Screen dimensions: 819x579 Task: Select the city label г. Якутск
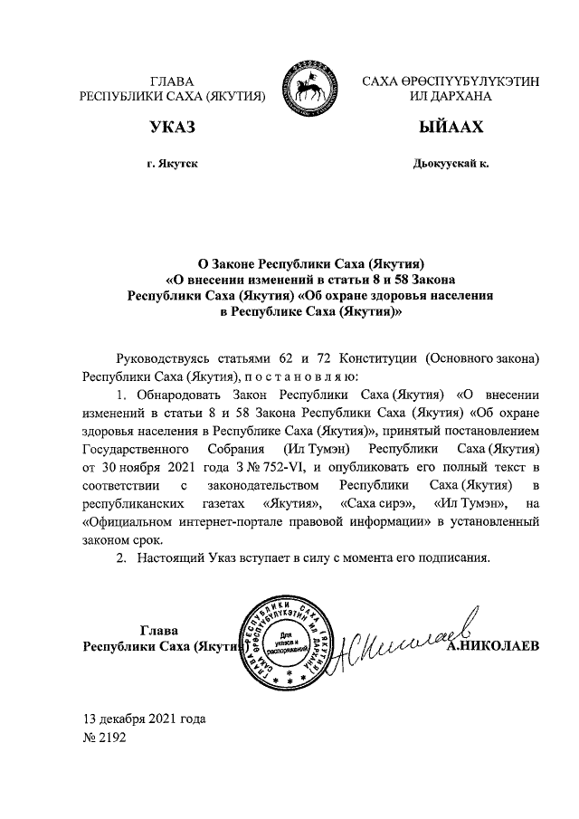pyautogui.click(x=172, y=164)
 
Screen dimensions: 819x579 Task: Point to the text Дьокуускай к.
pyautogui.click(x=450, y=164)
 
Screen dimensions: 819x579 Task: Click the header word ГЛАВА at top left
pyautogui.click(x=172, y=81)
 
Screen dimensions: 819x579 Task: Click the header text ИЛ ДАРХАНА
pyautogui.click(x=450, y=96)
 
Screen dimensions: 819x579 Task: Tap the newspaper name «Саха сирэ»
pyautogui.click(x=376, y=503)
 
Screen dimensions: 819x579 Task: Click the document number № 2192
pyautogui.click(x=105, y=738)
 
